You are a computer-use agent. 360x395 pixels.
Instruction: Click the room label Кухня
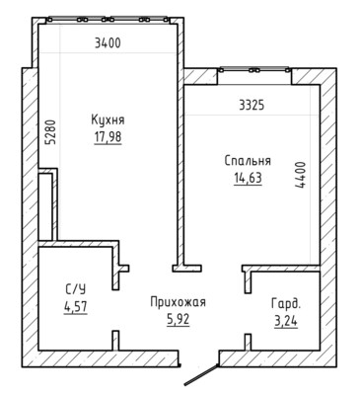(x=108, y=119)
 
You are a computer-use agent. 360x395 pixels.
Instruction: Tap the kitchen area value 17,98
(x=108, y=137)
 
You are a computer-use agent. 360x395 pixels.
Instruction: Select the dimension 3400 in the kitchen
(x=108, y=43)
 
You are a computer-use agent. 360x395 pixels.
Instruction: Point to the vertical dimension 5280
(x=51, y=132)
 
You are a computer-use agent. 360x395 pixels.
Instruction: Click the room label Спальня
(x=248, y=161)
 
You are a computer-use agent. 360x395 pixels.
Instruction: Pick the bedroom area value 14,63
(x=248, y=179)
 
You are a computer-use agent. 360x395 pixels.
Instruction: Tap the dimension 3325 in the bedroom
(x=252, y=106)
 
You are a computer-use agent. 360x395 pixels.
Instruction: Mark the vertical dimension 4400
(x=300, y=175)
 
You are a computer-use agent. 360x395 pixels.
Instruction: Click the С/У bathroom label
(x=76, y=289)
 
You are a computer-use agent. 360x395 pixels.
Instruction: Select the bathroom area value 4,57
(x=76, y=307)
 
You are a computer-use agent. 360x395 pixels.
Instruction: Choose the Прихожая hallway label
(x=178, y=302)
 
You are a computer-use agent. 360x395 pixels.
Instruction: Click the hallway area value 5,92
(x=178, y=319)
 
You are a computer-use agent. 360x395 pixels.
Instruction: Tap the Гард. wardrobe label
(x=286, y=303)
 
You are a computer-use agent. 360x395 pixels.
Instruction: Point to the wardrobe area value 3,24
(x=286, y=321)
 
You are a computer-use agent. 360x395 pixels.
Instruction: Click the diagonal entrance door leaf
(x=201, y=375)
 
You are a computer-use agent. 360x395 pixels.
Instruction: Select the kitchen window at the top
(x=108, y=20)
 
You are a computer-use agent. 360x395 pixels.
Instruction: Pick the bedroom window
(x=254, y=70)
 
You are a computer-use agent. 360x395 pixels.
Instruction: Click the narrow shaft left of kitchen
(x=45, y=206)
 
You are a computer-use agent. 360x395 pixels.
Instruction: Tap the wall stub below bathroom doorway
(x=115, y=341)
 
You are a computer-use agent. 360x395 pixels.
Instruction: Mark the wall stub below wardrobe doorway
(x=248, y=343)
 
